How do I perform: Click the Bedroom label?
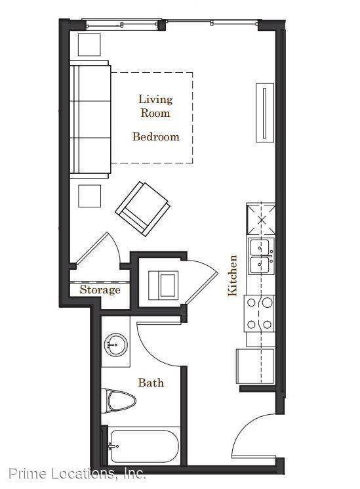click(156, 137)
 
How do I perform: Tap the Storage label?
click(100, 289)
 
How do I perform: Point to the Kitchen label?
click(233, 276)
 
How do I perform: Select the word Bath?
click(151, 383)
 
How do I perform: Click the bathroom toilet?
click(119, 401)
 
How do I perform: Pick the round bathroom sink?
click(115, 345)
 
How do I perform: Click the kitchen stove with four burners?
click(259, 314)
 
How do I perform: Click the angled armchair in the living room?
click(143, 209)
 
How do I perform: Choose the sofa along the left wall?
click(90, 119)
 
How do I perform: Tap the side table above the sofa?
click(89, 45)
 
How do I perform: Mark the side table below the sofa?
click(89, 196)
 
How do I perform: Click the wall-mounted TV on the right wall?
click(265, 113)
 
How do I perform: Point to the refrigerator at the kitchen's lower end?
click(255, 366)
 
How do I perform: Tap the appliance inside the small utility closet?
click(163, 285)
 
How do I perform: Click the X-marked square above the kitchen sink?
click(261, 219)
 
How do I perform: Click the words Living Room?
click(155, 106)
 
